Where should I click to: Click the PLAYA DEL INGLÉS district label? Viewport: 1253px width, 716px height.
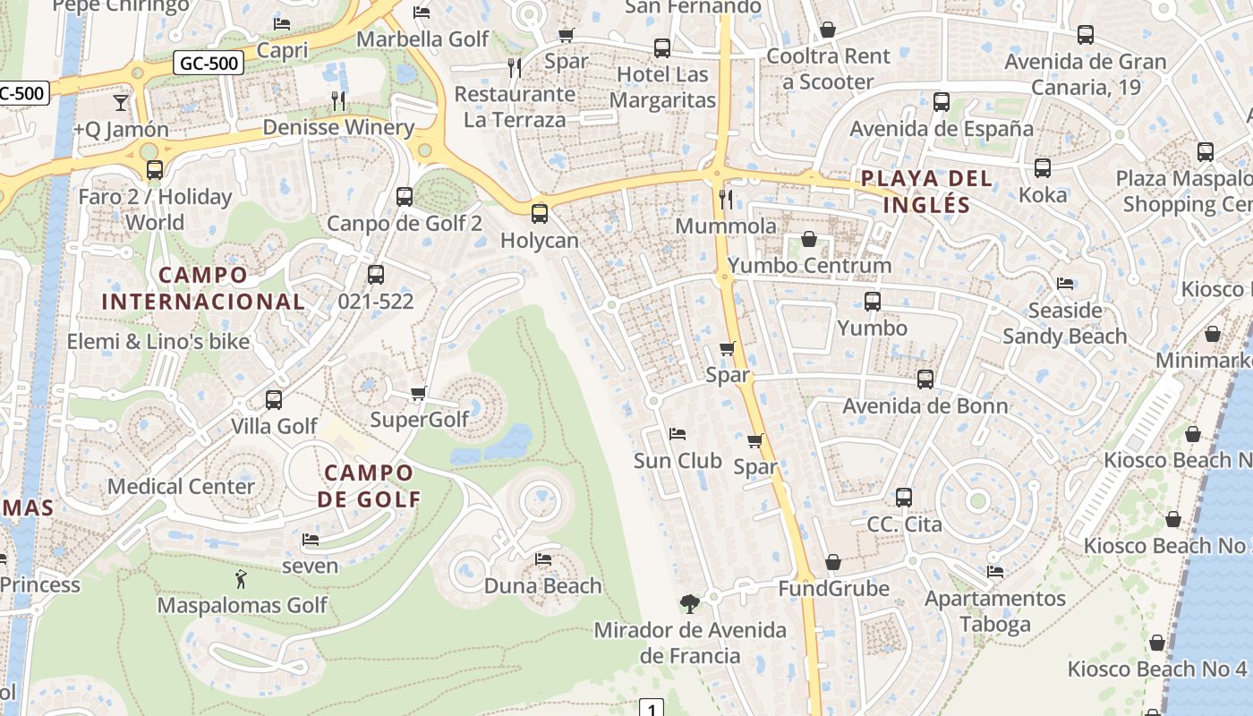[x=926, y=192]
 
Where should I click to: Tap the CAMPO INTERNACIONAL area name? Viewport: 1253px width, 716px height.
[x=203, y=288]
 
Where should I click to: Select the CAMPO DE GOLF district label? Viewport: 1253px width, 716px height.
[x=369, y=486]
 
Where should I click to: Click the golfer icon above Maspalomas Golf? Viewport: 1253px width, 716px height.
[x=240, y=578]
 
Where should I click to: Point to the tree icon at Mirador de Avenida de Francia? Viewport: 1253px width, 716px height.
[x=689, y=603]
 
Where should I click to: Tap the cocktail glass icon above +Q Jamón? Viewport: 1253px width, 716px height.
[x=120, y=102]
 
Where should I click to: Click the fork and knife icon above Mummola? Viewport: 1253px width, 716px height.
[x=726, y=199]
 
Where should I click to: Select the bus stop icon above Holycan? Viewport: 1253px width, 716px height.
[x=539, y=213]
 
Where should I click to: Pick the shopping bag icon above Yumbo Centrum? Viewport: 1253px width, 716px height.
[x=809, y=239]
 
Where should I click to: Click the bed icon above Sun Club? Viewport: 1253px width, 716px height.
[x=678, y=434]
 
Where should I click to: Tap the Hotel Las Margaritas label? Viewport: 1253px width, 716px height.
[x=662, y=88]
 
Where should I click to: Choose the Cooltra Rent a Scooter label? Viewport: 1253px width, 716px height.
[x=828, y=69]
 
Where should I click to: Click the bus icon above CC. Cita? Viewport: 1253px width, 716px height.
[x=904, y=497]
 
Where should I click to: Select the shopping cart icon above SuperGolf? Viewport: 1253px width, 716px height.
[x=418, y=393]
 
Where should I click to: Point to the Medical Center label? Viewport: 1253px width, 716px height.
[x=182, y=487]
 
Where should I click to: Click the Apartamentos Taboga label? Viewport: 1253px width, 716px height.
[x=995, y=611]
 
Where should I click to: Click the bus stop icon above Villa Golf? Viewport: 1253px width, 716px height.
[x=274, y=399]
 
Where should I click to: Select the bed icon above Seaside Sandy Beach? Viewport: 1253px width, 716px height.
[x=1065, y=284]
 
